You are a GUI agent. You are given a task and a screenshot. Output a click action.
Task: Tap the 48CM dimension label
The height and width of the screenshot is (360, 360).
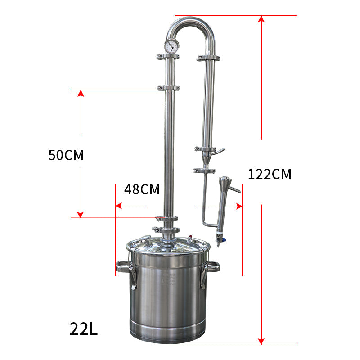[x=142, y=189]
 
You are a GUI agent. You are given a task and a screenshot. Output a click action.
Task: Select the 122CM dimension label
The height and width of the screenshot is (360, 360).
[x=270, y=174]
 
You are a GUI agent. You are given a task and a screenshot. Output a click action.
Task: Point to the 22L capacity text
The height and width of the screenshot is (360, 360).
[x=84, y=328]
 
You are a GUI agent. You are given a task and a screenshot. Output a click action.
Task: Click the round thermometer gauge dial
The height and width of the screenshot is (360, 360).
[x=171, y=45]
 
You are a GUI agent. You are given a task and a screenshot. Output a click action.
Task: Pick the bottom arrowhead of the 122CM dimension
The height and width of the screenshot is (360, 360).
[x=261, y=341]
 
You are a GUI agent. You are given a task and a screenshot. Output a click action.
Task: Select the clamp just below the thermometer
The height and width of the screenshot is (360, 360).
[x=168, y=57]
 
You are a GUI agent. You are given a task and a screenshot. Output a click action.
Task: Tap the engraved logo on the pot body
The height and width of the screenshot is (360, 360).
[x=168, y=277]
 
